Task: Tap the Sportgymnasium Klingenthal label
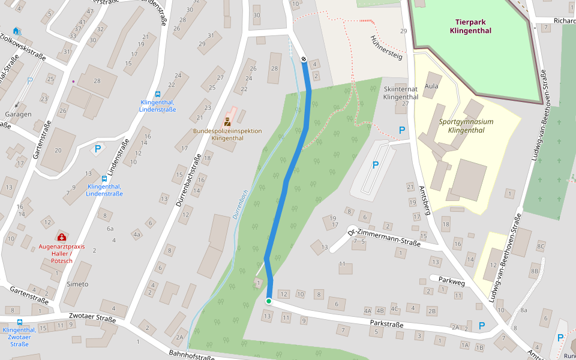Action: [466, 125]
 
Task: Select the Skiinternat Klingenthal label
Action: [400, 92]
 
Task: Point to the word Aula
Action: [431, 86]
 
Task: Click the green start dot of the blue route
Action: [269, 301]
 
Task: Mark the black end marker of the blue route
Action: [304, 59]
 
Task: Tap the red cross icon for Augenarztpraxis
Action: [61, 238]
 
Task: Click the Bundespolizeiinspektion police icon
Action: [227, 121]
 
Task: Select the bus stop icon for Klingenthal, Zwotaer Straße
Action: [20, 322]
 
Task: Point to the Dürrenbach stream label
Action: [239, 203]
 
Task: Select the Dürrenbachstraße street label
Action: [189, 181]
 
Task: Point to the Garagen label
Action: [18, 114]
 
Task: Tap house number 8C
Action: [541, 247]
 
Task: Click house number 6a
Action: [110, 229]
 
